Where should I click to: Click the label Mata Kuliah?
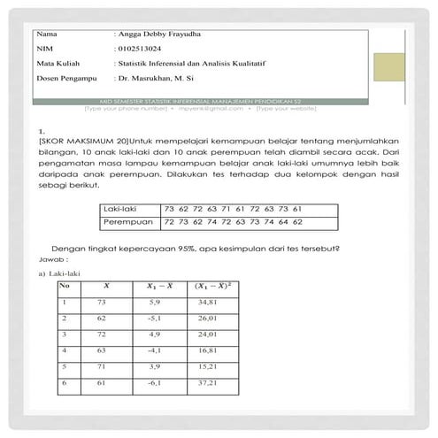point(57,64)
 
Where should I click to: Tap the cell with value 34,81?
point(208,304)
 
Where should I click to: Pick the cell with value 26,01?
point(208,319)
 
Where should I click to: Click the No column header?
point(64,287)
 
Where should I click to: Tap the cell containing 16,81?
point(208,350)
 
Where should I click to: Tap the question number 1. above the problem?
point(42,130)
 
